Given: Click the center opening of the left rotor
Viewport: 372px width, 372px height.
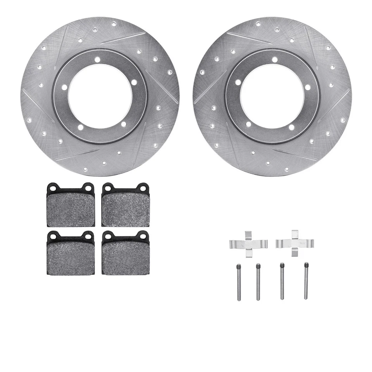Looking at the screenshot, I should [100, 96].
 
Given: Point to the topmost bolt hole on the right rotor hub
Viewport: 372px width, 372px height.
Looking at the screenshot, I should [274, 60].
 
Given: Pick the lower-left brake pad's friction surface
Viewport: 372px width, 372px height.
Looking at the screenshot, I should [71, 258].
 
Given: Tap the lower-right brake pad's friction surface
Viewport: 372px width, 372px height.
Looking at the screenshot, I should [126, 258].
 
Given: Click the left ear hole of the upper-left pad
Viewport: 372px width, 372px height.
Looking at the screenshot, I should [53, 188].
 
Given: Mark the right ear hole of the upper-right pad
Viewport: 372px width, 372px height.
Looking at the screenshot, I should [144, 188].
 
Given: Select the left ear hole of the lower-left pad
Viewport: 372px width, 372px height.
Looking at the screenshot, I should [53, 236].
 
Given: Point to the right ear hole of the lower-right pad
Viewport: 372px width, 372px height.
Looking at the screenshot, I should [144, 236].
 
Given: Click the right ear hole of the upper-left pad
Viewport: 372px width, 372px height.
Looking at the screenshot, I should [89, 188].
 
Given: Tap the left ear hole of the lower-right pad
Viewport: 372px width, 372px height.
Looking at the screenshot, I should [108, 236].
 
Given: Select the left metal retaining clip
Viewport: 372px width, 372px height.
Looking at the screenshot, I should [248, 243].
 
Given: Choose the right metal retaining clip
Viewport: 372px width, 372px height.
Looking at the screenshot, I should [294, 243].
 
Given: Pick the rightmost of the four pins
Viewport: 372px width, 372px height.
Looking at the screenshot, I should [306, 282].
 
